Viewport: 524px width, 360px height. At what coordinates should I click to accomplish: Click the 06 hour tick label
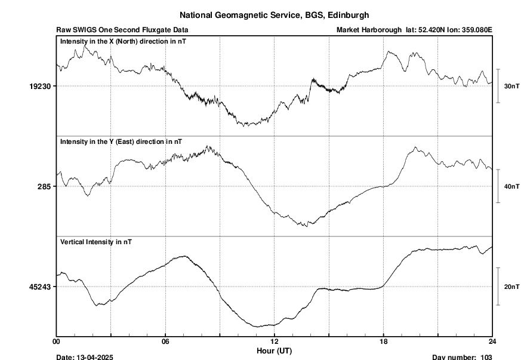click(x=165, y=342)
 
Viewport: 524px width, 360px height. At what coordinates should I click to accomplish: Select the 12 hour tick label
click(x=274, y=342)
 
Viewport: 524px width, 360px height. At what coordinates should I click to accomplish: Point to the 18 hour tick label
click(x=383, y=342)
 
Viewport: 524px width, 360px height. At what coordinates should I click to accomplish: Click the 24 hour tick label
click(x=492, y=342)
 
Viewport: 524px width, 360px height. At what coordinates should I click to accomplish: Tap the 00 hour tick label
click(x=57, y=342)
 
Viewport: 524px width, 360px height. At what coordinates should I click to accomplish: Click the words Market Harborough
click(x=369, y=30)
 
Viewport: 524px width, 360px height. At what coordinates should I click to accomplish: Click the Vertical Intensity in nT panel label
click(x=96, y=242)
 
